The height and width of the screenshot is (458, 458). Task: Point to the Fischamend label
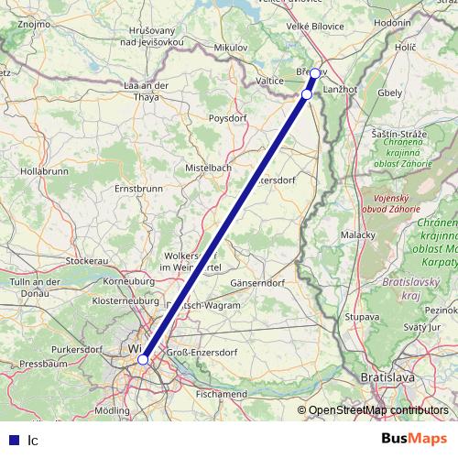pyautogui.click(x=221, y=394)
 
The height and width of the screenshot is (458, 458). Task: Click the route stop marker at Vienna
pyautogui.click(x=143, y=360)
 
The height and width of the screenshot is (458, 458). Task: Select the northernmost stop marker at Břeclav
pyautogui.click(x=314, y=72)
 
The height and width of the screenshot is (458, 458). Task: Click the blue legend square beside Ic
pyautogui.click(x=14, y=440)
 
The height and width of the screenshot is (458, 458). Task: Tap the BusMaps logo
pyautogui.click(x=413, y=439)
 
